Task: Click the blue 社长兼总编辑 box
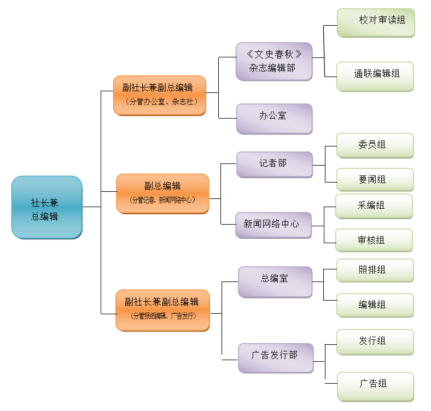46,208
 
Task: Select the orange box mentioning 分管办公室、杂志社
159,95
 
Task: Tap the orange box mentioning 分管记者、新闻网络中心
162,193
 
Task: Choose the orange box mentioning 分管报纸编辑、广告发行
162,310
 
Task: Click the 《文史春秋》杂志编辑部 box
274,61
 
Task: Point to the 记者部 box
274,165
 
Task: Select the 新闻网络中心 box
273,225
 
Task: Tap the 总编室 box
275,281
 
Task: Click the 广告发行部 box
276,358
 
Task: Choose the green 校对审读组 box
376,22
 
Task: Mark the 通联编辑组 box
375,76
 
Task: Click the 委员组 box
375,145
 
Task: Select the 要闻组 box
375,180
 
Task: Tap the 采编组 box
374,206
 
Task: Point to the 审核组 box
374,240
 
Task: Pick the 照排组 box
375,271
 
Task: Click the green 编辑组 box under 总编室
375,306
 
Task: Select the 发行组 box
375,342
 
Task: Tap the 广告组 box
375,385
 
